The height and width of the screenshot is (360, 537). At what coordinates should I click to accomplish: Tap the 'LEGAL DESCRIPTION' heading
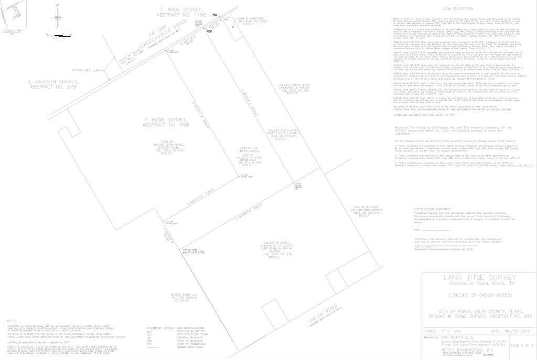(454, 9)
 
